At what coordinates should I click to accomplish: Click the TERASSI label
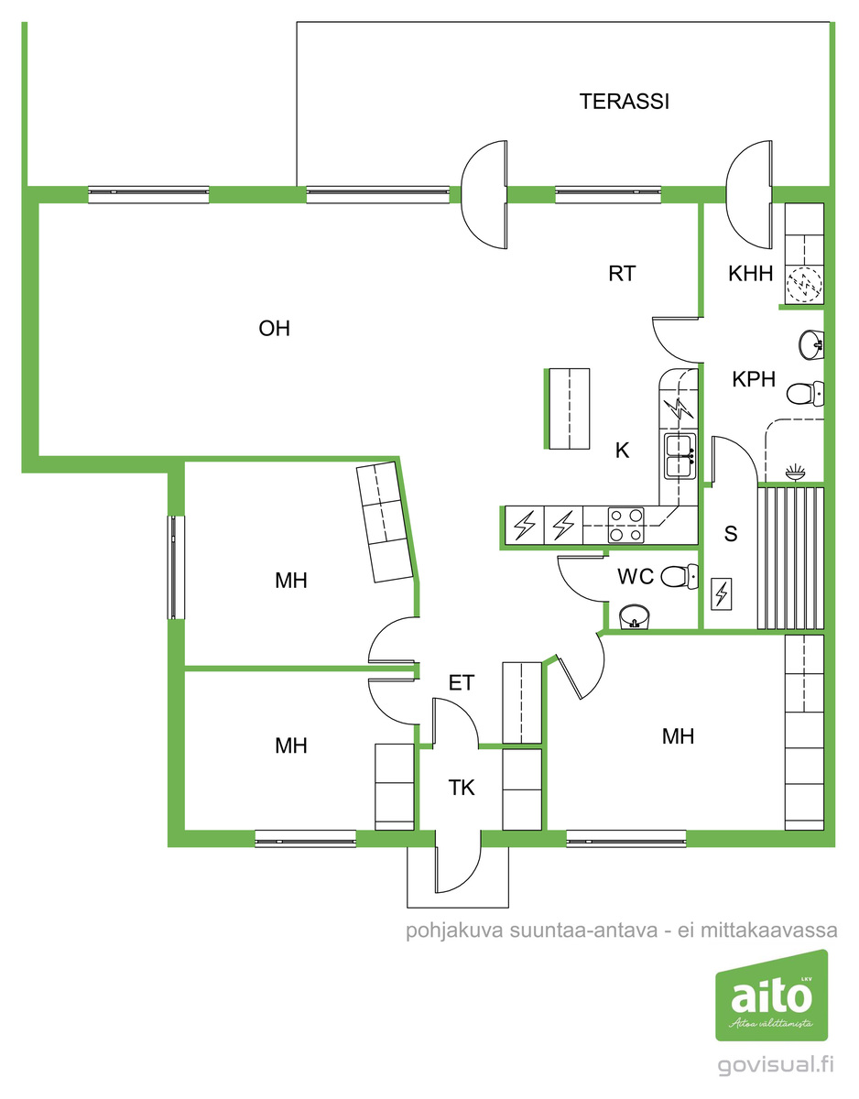tap(624, 102)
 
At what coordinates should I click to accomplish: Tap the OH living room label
tap(275, 329)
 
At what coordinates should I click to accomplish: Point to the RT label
tap(622, 274)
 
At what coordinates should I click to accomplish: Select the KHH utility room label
tap(750, 274)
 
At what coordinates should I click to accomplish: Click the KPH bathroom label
tap(754, 379)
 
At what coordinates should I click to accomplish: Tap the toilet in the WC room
tap(679, 576)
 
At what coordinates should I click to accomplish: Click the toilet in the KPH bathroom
tap(805, 394)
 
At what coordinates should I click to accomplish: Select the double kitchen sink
tap(680, 456)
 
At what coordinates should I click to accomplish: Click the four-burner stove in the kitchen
tap(625, 525)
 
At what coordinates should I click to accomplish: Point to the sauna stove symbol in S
tap(722, 593)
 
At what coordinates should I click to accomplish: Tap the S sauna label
tap(731, 534)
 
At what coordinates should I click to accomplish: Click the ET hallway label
tap(462, 683)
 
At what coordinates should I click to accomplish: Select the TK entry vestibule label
tap(462, 788)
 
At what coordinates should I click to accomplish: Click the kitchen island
tap(568, 408)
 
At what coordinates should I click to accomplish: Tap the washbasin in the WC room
tap(635, 616)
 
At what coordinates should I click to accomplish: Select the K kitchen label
tap(622, 450)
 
